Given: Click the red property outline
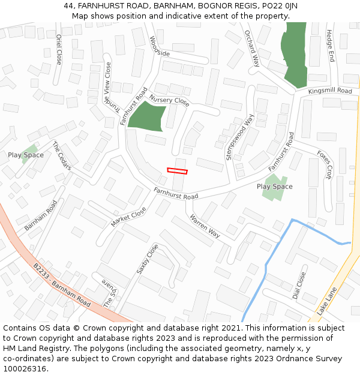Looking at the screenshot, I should (177, 171).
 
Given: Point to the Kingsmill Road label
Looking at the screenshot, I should (330, 91).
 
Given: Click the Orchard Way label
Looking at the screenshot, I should (252, 48).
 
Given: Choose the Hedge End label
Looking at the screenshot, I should (330, 46).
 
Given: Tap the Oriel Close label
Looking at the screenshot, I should (59, 49).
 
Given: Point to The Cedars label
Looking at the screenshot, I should (62, 155).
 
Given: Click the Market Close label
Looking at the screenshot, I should (128, 217).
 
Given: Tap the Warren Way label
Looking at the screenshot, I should (205, 226).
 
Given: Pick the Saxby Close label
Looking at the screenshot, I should (148, 259).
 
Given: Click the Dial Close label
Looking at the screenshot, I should (299, 286).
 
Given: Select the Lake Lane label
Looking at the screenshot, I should (328, 301).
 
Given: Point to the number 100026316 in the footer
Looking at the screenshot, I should (25, 368).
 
